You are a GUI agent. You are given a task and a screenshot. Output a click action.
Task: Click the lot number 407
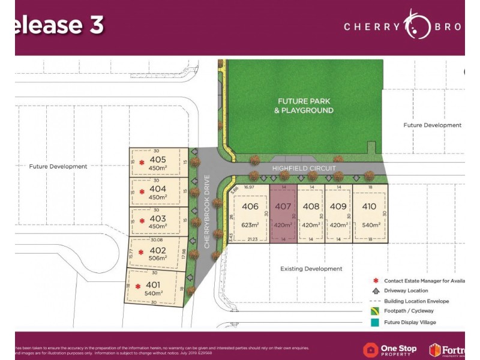[x=283, y=206]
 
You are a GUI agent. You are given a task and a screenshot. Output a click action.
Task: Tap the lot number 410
[x=370, y=206]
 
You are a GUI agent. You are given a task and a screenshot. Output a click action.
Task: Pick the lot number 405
[x=158, y=160]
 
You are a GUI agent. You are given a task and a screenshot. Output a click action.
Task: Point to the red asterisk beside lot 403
[x=142, y=220]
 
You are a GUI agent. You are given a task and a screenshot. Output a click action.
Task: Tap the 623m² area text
[x=250, y=225]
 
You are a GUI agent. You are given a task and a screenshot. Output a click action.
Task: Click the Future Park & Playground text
[x=305, y=106]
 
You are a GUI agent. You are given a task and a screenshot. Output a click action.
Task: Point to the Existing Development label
[x=311, y=269]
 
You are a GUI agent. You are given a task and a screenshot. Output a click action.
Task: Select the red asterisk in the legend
[x=376, y=280]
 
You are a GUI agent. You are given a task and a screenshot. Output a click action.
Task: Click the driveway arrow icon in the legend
[x=376, y=290]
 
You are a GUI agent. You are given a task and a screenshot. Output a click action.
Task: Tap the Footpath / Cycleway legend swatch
[x=376, y=311]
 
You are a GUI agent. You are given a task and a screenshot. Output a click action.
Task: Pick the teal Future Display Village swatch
[x=376, y=322]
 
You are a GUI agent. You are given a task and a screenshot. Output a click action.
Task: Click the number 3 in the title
[x=96, y=25]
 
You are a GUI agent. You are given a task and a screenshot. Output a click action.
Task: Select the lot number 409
[x=338, y=206]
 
